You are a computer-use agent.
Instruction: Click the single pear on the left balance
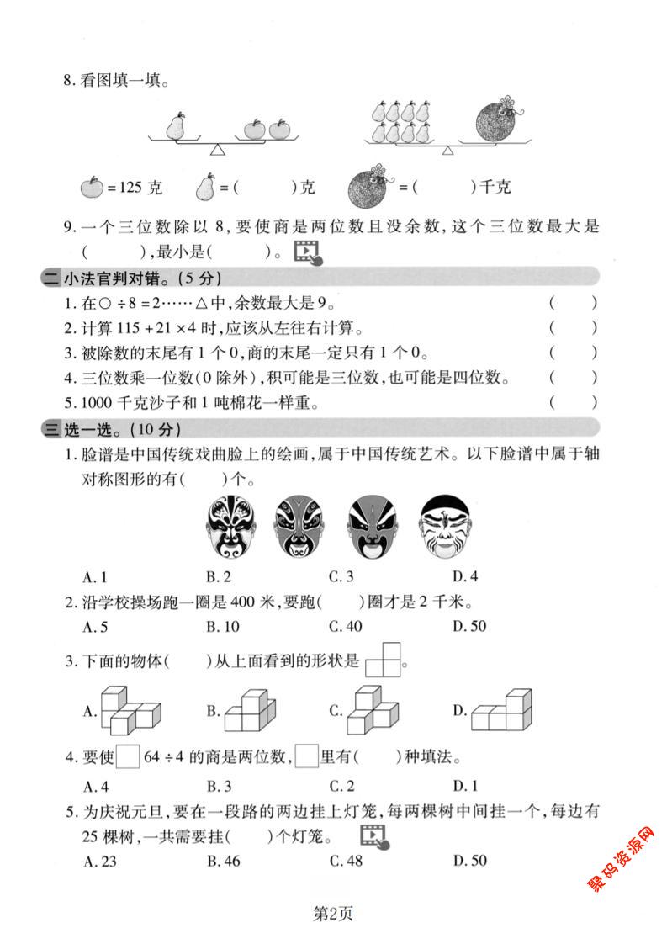(x=175, y=126)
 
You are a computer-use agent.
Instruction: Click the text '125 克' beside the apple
(x=135, y=187)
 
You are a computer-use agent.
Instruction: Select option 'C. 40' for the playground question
(x=344, y=626)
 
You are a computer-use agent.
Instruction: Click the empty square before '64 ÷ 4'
(x=128, y=758)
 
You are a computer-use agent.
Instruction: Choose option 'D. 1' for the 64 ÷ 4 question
(x=465, y=787)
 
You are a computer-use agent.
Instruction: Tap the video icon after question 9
(x=307, y=252)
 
